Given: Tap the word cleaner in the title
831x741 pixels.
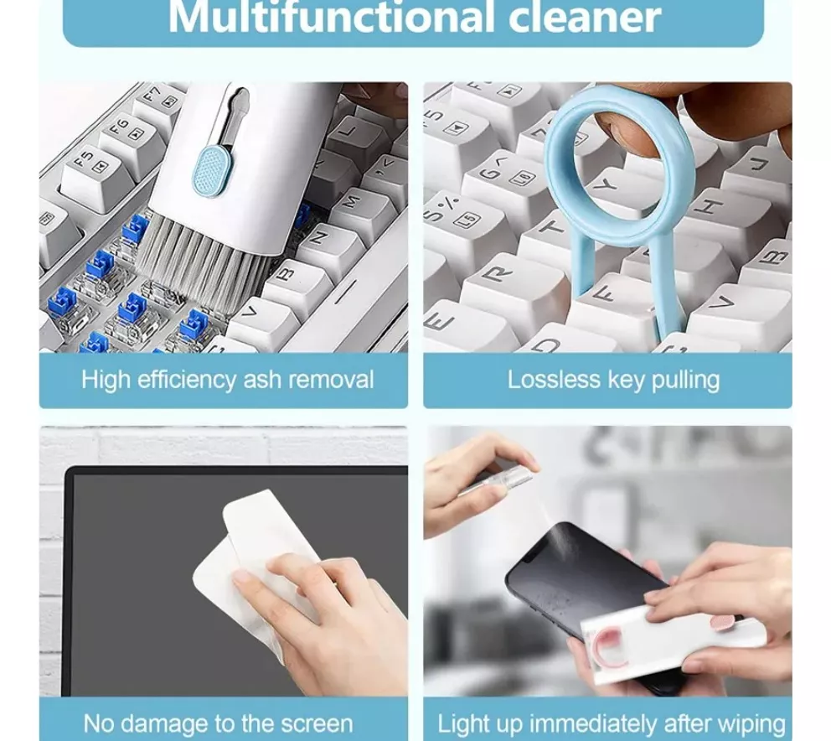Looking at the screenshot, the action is click(x=585, y=17).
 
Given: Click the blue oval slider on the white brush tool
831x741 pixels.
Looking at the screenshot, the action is click(x=212, y=169).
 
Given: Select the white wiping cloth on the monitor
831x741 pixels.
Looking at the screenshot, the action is click(x=255, y=562).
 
